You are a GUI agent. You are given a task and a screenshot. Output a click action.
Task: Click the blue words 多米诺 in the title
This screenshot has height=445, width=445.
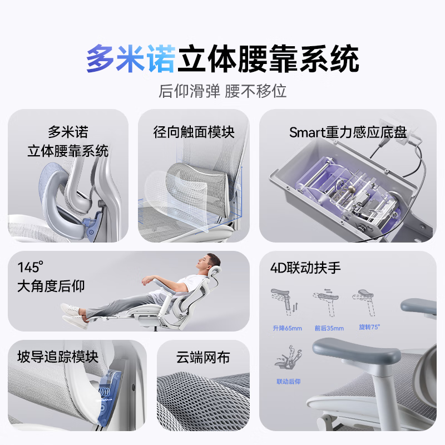pyautogui.click(x=131, y=60)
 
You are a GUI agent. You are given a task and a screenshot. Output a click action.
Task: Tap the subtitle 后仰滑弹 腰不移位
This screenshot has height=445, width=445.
pyautogui.click(x=222, y=91)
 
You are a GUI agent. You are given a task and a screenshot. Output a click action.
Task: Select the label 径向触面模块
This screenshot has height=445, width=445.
pyautogui.click(x=194, y=132)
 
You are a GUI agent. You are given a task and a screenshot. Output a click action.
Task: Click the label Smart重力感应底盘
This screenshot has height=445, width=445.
pyautogui.click(x=348, y=133)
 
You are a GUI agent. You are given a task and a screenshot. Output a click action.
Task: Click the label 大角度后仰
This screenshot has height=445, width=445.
pyautogui.click(x=51, y=286)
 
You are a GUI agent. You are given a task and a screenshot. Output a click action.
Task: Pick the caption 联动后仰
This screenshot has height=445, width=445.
pyautogui.click(x=288, y=382)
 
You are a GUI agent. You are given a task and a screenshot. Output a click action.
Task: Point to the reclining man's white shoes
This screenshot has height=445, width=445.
pyautogui.click(x=72, y=314)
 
